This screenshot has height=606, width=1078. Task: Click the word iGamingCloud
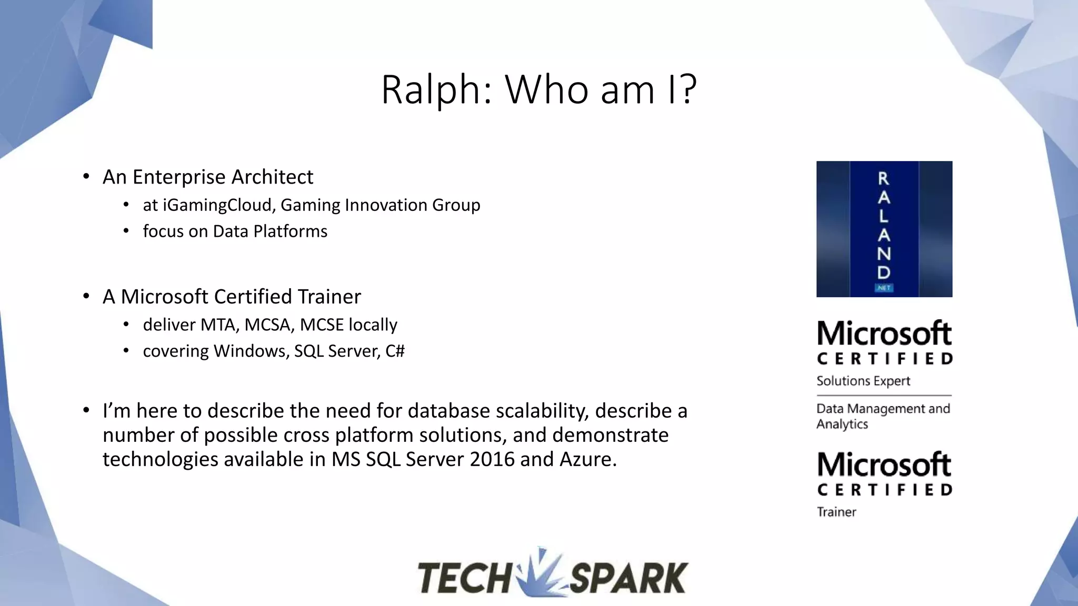pos(218,205)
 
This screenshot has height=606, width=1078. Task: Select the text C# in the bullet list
pos(395,351)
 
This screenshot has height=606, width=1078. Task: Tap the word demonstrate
pos(610,435)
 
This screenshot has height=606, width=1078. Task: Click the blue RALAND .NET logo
pos(884,229)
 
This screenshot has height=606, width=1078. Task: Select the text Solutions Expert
pos(863,381)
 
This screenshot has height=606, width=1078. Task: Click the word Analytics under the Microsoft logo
pos(842,424)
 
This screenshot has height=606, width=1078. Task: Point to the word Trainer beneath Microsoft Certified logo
pos(836,512)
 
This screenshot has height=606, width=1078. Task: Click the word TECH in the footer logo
pos(463,578)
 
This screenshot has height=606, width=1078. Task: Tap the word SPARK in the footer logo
pos(628,578)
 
